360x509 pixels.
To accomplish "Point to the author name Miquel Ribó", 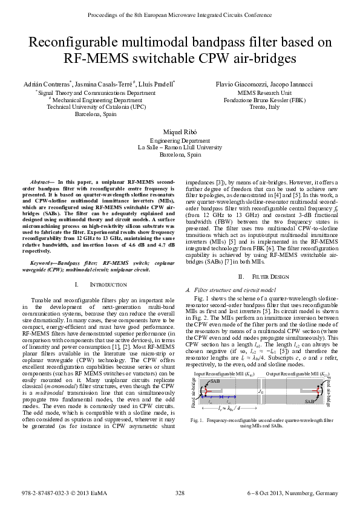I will pyautogui.click(x=180, y=132).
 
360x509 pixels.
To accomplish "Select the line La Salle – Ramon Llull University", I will pyautogui.click(x=180, y=147).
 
